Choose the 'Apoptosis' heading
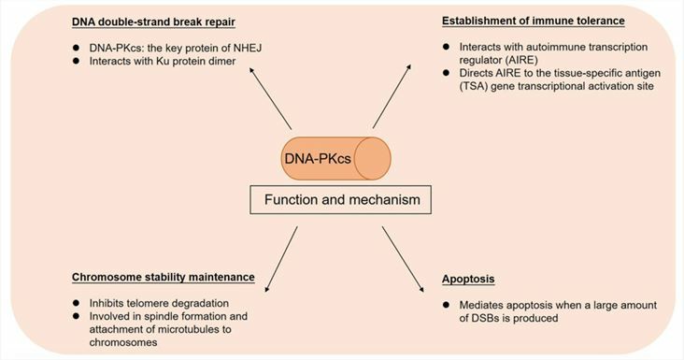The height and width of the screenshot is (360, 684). (x=470, y=279)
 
